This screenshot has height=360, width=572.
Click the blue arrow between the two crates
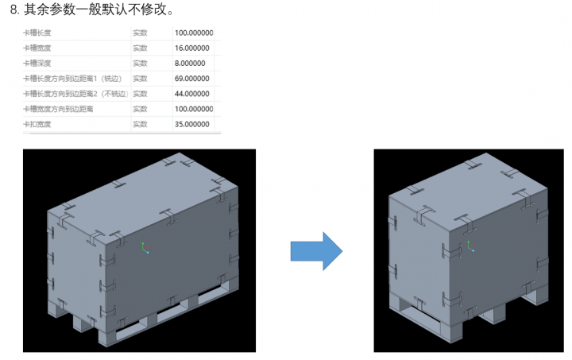316,251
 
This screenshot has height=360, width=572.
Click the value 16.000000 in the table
191,48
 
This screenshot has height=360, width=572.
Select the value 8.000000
189,64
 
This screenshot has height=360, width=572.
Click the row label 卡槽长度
37,33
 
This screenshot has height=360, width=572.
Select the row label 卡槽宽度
37,48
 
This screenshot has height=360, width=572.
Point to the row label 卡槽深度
37,64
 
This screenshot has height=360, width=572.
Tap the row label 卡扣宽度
37,124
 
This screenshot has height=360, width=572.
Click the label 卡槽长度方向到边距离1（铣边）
70,79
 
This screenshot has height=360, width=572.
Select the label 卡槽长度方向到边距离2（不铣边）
74,94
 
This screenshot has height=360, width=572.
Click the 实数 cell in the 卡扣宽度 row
140,124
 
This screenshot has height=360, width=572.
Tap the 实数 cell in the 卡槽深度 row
140,64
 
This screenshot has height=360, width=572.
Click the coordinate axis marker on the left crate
145,249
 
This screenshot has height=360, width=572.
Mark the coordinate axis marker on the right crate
470,246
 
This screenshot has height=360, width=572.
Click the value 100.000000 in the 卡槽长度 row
193,33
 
